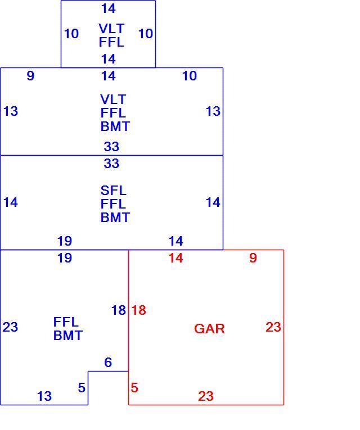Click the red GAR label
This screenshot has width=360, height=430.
click(x=209, y=328)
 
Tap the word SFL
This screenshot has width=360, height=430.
click(x=113, y=191)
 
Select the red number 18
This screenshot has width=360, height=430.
click(x=139, y=310)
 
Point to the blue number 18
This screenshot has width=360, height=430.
click(x=119, y=310)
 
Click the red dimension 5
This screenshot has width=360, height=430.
click(x=134, y=387)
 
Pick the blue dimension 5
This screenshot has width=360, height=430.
click(x=82, y=387)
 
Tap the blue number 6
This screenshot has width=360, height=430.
click(x=108, y=362)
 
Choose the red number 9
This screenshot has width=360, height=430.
click(x=253, y=258)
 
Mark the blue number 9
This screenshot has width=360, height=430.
click(x=30, y=76)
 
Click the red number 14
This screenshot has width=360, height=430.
click(x=175, y=258)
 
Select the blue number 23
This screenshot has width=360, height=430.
click(x=10, y=327)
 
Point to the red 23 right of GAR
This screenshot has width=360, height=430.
click(x=273, y=327)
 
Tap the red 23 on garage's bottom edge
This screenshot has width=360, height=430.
click(x=206, y=396)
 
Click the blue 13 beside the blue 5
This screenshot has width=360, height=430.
click(x=44, y=396)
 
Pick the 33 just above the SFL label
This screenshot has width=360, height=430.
click(x=111, y=164)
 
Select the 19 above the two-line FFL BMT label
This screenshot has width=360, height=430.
click(x=65, y=258)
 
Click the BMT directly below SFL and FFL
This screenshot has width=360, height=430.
click(x=115, y=218)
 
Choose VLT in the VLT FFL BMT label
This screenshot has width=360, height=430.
click(x=113, y=99)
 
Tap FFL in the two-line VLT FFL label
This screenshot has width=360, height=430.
click(x=111, y=42)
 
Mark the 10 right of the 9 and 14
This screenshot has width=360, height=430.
click(x=190, y=76)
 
